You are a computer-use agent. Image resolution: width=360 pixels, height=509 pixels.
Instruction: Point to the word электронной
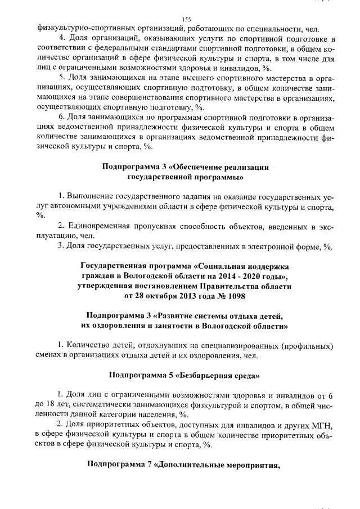point(269,246)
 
